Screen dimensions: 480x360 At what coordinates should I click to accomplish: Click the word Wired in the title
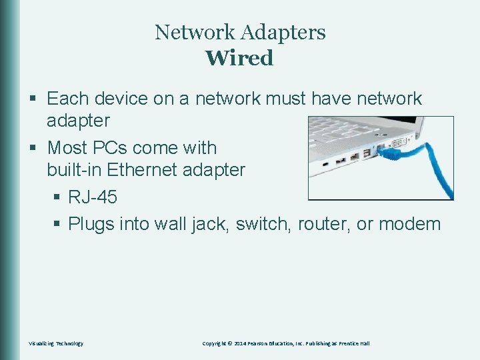[x=239, y=58]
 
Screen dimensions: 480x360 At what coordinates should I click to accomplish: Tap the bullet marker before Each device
[x=36, y=99]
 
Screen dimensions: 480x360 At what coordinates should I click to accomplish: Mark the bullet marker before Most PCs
[x=36, y=147]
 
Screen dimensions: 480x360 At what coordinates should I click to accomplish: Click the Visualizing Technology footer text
[x=56, y=343]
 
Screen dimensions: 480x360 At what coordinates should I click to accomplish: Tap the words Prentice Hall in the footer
[x=354, y=343]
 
